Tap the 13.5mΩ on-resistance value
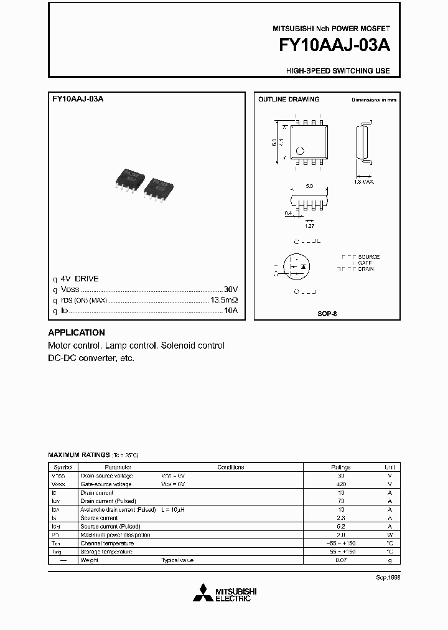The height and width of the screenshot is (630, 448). tap(224, 300)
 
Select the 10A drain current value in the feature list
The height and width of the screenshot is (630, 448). tap(231, 310)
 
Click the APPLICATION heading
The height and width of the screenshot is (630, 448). tap(77, 332)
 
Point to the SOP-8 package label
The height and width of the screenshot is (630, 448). tap(327, 314)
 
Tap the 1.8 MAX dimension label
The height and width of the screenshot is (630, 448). tap(363, 182)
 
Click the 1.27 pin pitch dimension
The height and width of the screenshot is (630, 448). tap(309, 226)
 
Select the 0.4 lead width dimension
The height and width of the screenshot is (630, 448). tap(288, 214)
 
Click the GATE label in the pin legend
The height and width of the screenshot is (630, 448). tap(365, 263)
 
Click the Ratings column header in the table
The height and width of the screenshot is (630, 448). tap(341, 468)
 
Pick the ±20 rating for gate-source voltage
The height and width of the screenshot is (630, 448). tap(341, 484)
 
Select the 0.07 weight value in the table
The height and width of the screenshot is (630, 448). tap(341, 560)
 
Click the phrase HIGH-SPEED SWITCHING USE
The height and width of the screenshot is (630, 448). tap(338, 70)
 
